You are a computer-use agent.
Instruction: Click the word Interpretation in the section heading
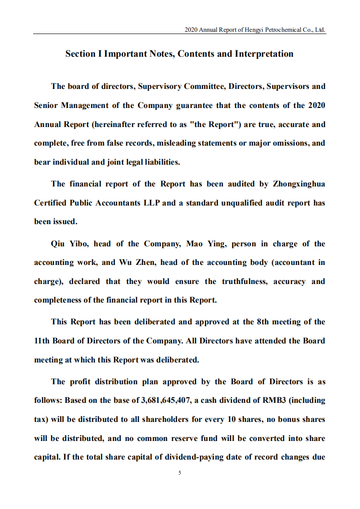[x=264, y=54]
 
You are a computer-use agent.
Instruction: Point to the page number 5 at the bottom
[x=180, y=473]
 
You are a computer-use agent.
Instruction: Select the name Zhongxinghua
[x=299, y=184]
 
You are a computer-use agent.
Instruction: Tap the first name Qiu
[x=59, y=244]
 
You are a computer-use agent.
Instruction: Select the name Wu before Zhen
[x=125, y=263]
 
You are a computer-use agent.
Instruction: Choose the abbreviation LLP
[x=152, y=203]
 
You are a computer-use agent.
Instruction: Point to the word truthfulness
[x=245, y=281]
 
